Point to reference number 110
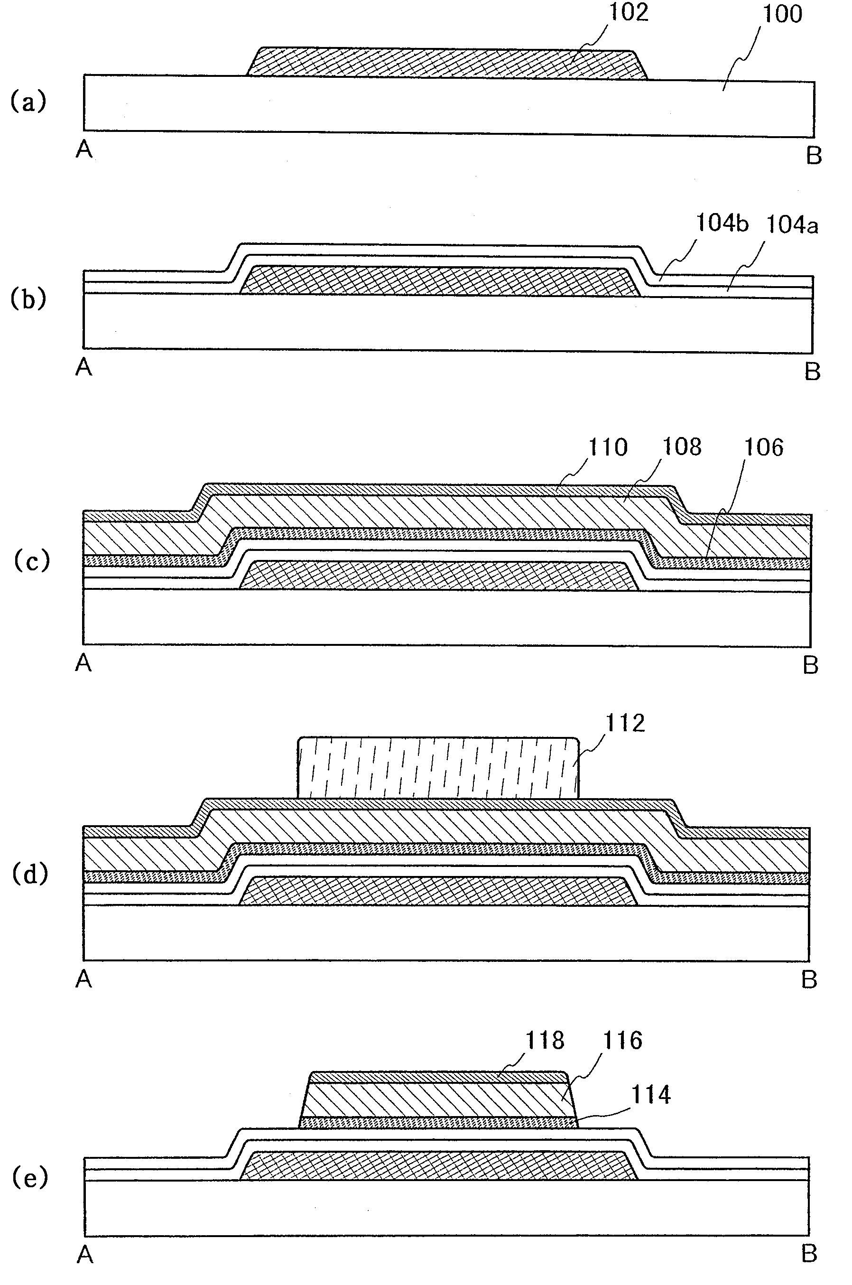(x=608, y=447)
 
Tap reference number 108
(x=681, y=447)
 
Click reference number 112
(x=625, y=724)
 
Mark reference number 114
(x=651, y=1094)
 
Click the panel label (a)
(x=28, y=102)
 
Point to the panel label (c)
(x=31, y=560)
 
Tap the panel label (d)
(x=30, y=874)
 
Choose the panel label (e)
(x=30, y=1178)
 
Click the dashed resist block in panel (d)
(x=438, y=767)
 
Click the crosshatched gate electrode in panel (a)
(x=445, y=63)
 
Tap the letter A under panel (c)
(x=83, y=663)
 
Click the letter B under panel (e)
(x=809, y=1254)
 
